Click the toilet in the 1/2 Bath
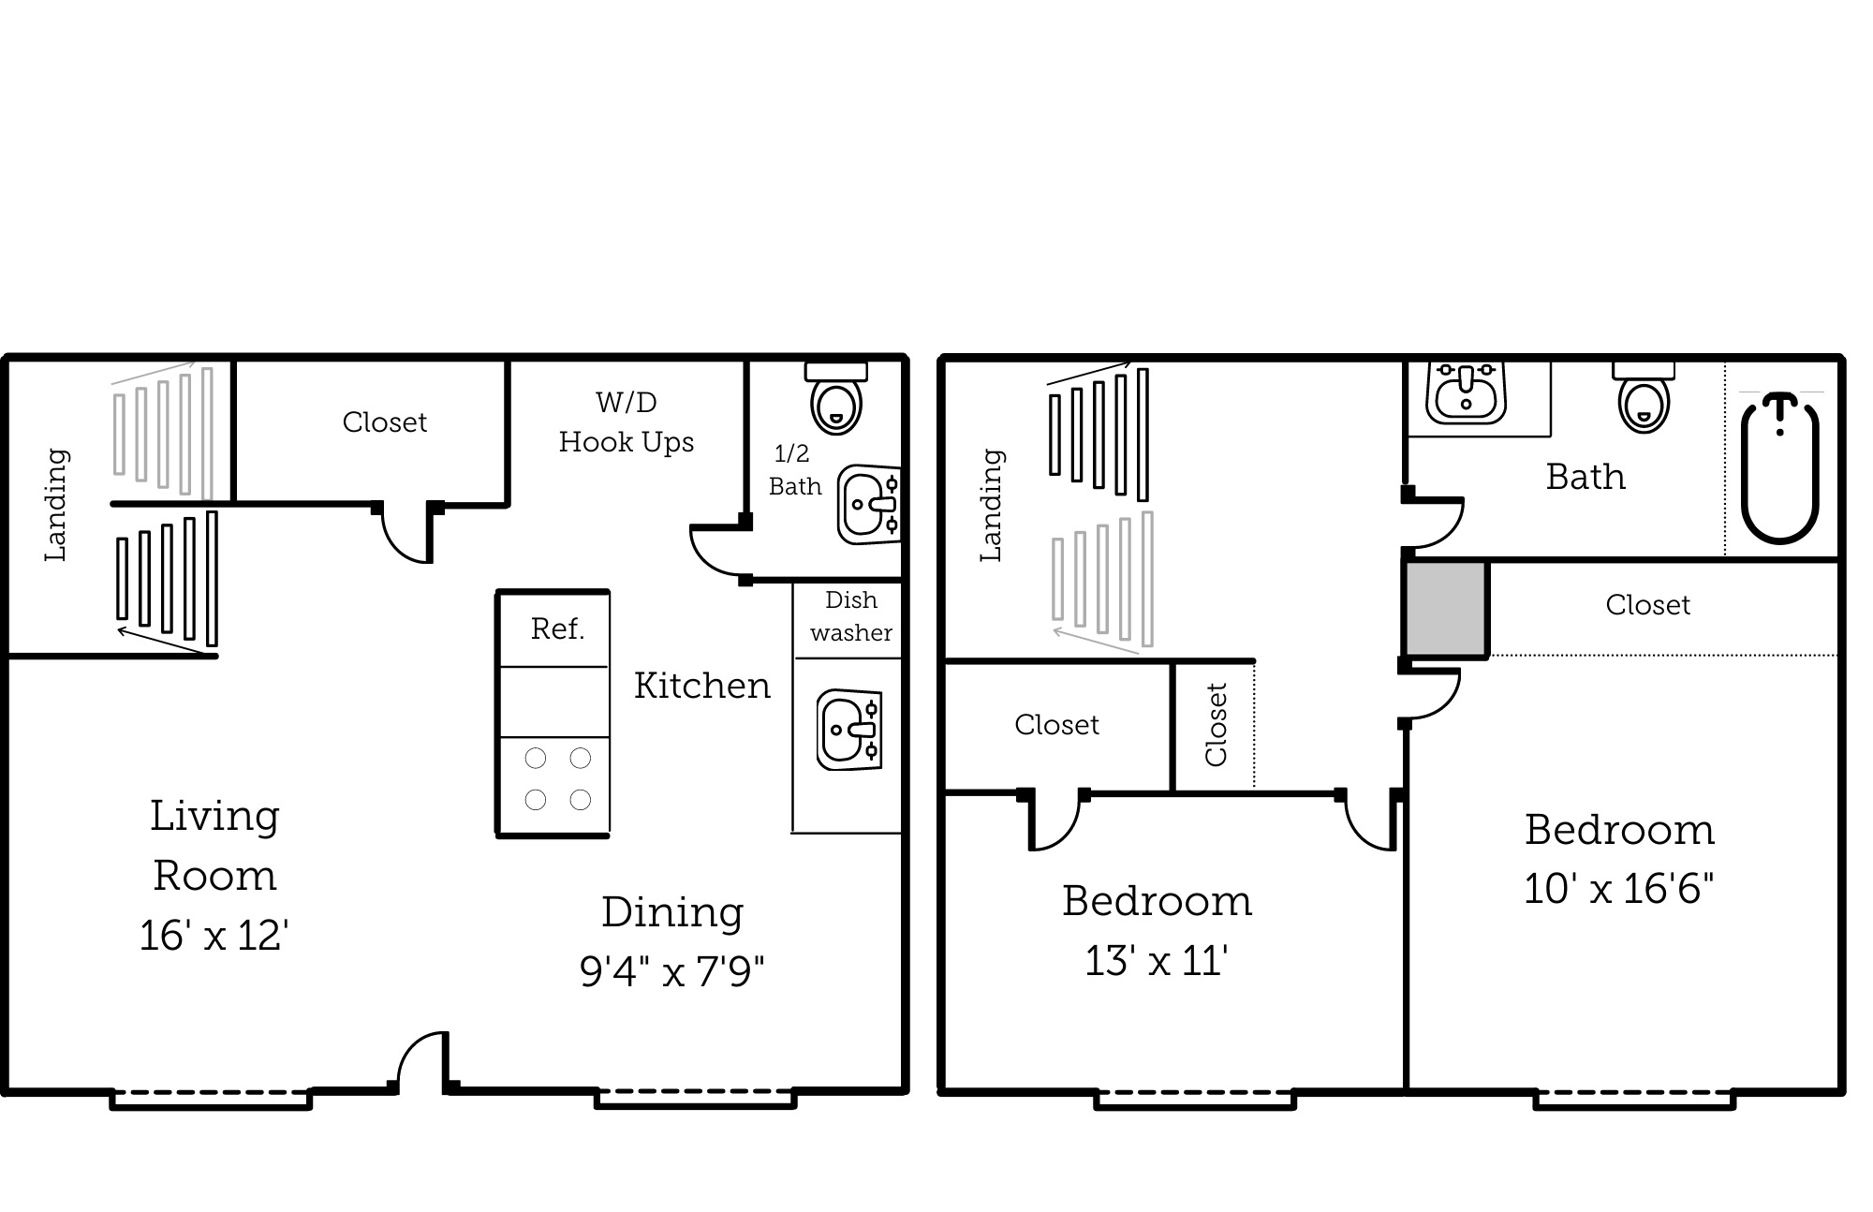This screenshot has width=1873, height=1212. pyautogui.click(x=836, y=401)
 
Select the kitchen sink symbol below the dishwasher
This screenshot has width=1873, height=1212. pyautogui.click(x=848, y=730)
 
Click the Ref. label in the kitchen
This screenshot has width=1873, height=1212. pyautogui.click(x=557, y=628)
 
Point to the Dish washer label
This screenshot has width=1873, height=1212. pyautogui.click(x=850, y=616)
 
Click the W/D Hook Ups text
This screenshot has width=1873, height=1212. pyautogui.click(x=627, y=422)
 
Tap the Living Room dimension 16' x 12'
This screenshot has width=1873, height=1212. pyautogui.click(x=214, y=936)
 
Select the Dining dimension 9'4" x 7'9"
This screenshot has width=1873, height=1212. pyautogui.click(x=671, y=971)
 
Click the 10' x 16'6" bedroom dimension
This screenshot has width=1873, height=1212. pyautogui.click(x=1618, y=889)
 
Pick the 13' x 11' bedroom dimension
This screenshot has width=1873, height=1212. pyautogui.click(x=1156, y=961)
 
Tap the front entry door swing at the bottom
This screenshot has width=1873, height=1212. pyautogui.click(x=423, y=1063)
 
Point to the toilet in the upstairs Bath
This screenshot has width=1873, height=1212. pyautogui.click(x=1644, y=400)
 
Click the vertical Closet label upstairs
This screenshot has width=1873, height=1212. pyautogui.click(x=1216, y=725)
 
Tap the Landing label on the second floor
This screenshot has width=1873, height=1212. pyautogui.click(x=991, y=506)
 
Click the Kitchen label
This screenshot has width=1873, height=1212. pyautogui.click(x=701, y=686)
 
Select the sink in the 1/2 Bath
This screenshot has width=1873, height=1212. pyautogui.click(x=868, y=504)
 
